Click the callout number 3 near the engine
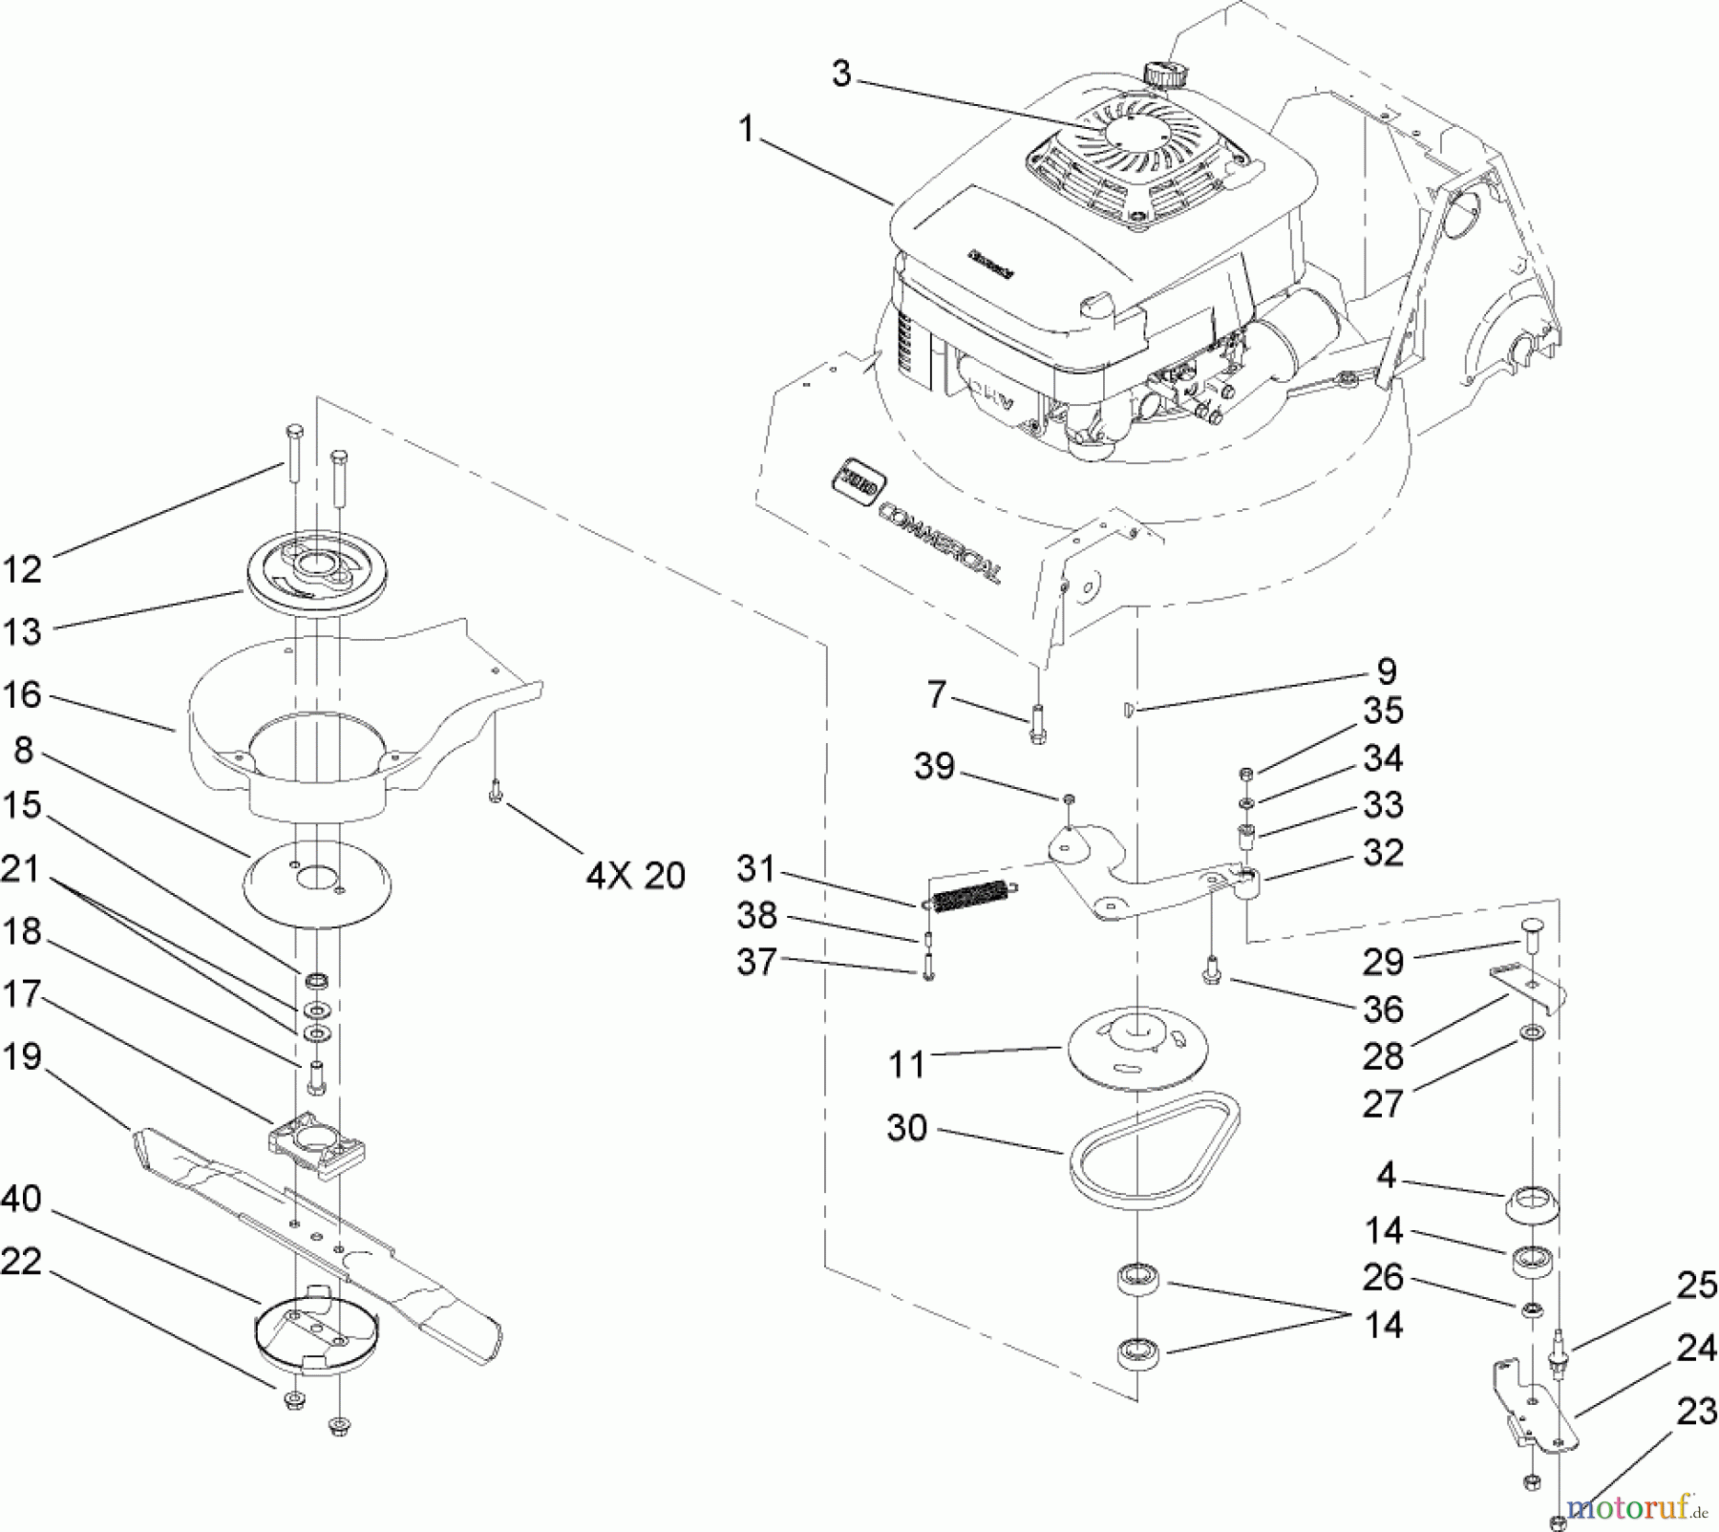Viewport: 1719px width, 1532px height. [x=840, y=73]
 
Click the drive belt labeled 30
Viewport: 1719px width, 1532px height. [x=1155, y=1151]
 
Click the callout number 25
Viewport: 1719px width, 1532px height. [x=1696, y=1285]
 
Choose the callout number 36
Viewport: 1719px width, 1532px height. [x=1383, y=1010]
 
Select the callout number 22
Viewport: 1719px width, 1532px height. [x=22, y=1262]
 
